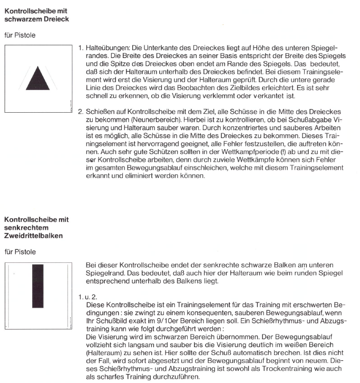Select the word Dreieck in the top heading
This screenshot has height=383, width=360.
pos(55,19)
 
